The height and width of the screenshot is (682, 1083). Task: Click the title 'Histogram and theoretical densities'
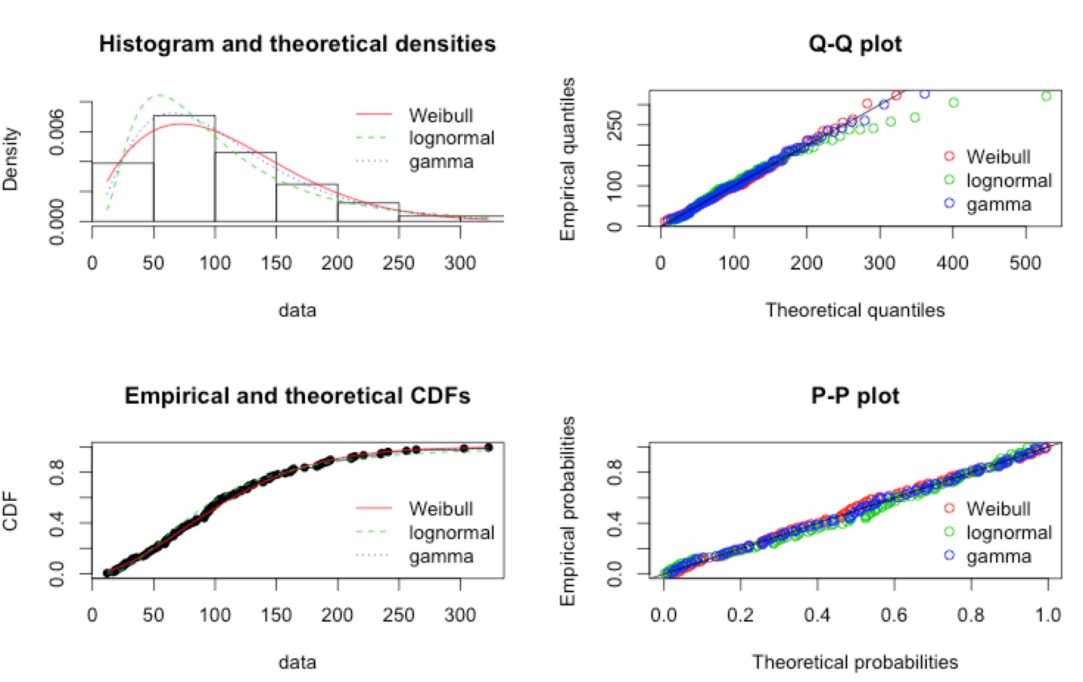297,44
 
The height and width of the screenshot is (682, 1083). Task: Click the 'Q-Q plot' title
855,44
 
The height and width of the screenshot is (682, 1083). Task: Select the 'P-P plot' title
855,396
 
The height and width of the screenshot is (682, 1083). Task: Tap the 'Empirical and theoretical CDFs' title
297,396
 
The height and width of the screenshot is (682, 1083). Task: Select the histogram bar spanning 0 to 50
123,191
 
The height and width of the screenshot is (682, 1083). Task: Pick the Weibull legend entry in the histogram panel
441,116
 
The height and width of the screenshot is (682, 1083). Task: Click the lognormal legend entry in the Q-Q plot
1009,180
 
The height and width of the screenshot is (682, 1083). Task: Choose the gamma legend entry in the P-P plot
998,557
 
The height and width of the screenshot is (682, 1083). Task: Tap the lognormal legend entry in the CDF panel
451,532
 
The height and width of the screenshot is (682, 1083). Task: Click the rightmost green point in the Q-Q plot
1046,96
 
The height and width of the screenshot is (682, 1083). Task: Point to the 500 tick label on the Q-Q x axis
1026,263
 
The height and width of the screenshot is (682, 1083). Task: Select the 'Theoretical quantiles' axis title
855,310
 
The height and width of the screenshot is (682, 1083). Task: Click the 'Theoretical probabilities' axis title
855,662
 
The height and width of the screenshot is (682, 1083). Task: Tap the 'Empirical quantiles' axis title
567,159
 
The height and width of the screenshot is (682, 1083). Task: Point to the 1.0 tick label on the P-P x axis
1048,615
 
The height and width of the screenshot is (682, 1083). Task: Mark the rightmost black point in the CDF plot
488,447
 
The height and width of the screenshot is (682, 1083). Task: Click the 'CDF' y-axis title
10,512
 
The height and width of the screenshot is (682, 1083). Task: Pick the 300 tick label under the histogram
460,263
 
